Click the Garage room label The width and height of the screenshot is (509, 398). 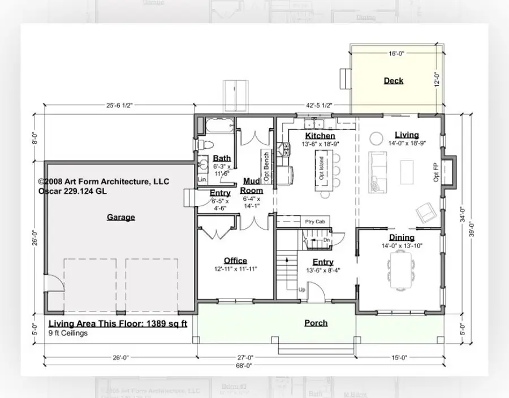(120, 217)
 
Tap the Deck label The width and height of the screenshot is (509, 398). (393, 81)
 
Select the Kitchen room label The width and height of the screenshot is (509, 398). (320, 136)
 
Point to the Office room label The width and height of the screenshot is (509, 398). (235, 261)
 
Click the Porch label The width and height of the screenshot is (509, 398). (316, 323)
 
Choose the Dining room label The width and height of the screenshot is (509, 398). (401, 237)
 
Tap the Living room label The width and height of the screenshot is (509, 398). (407, 135)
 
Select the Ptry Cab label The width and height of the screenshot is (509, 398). (314, 222)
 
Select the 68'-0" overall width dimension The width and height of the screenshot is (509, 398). (244, 366)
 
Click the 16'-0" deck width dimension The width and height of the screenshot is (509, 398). (396, 54)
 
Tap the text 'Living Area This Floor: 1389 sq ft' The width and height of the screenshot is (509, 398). (117, 324)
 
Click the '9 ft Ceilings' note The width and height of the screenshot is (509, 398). (68, 333)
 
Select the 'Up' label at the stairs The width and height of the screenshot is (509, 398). (303, 289)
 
